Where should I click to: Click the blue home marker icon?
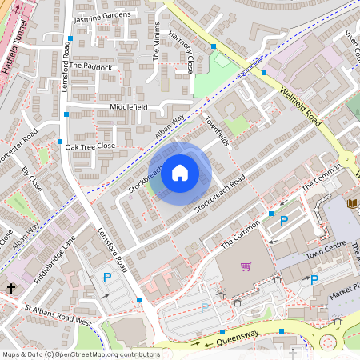[180, 173]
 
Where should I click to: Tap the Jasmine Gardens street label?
[101, 16]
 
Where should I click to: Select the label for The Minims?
[157, 41]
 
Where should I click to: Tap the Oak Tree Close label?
[90, 147]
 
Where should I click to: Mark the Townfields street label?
[217, 130]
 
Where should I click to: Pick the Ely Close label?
[31, 178]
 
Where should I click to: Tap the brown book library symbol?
[351, 204]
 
